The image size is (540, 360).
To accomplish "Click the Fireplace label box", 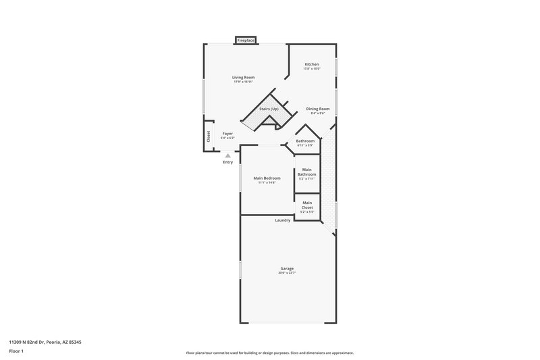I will click(x=245, y=41).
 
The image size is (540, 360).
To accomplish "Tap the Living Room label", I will click(x=243, y=78).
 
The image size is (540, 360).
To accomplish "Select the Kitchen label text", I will click(x=311, y=64).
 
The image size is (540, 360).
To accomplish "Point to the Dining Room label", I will click(x=317, y=109).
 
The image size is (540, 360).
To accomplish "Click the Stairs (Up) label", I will click(x=269, y=109).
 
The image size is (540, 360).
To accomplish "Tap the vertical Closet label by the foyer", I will click(x=209, y=136).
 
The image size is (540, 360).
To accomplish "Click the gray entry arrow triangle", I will click(x=227, y=155).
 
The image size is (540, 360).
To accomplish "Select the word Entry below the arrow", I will click(x=227, y=162).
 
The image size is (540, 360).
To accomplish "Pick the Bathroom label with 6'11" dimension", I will click(x=305, y=140).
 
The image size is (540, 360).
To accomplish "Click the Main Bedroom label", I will click(x=267, y=178).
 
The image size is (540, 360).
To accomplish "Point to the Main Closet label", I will click(x=307, y=205).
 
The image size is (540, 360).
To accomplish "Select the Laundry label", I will click(x=283, y=220).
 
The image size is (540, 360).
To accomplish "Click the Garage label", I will click(x=287, y=268).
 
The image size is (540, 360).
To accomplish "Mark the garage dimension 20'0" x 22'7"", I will click(x=287, y=273).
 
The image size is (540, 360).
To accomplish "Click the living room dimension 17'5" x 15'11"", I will click(x=243, y=82).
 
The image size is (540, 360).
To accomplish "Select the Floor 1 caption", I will click(x=16, y=351).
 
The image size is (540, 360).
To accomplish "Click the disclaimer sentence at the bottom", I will click(x=270, y=353).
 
